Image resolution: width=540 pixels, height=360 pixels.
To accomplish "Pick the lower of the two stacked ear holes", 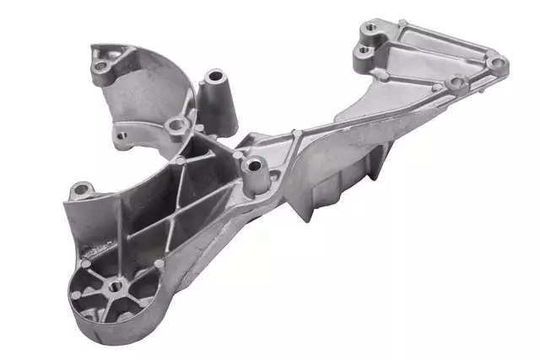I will click(364, 51).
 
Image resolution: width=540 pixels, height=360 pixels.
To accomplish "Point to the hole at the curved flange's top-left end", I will click(102, 65).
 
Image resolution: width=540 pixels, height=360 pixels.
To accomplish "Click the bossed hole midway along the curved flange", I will click(175, 126).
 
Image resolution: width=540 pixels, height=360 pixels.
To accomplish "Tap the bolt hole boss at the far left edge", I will click(78, 189).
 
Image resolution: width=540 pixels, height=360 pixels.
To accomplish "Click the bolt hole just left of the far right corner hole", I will click(456, 83).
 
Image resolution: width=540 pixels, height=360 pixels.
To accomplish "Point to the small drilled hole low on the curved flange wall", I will click(121, 134).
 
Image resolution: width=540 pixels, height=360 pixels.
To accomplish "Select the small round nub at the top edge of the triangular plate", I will click(402, 23).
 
